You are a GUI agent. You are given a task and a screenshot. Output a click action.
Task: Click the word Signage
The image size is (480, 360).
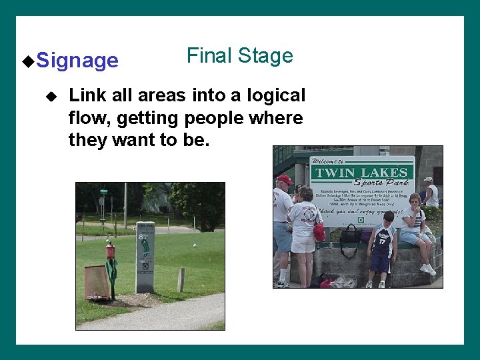77,61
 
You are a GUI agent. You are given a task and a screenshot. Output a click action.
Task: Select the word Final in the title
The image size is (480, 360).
207,55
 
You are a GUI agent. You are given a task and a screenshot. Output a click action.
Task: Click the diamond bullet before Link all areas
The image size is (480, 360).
53,96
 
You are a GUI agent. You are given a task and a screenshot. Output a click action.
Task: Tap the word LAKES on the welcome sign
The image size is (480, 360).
384,173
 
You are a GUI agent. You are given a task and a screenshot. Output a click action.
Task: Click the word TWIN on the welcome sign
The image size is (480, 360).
335,173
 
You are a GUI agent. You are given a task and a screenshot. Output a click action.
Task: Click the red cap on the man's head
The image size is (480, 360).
285,179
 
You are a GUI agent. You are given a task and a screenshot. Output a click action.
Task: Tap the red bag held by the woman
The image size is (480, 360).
320,232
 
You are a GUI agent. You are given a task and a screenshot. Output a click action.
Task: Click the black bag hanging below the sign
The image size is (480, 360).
350,235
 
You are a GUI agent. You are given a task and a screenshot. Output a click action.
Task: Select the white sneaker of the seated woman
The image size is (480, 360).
427,269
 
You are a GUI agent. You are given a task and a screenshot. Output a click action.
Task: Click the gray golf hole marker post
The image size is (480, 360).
145,257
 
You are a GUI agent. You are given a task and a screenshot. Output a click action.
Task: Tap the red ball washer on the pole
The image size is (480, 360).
111,251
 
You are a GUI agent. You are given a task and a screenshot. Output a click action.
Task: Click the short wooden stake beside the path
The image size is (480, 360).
181,279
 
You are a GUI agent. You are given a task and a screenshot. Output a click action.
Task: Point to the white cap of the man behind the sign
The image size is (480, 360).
428,179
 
